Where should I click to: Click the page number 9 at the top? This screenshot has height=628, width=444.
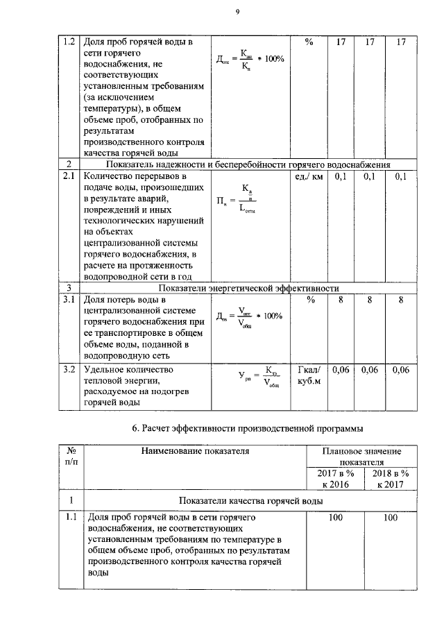(237, 10)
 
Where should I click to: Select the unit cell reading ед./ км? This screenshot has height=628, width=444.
(307, 177)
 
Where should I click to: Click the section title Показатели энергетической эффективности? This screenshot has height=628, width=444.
(248, 287)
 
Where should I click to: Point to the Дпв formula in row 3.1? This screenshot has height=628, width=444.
(250, 316)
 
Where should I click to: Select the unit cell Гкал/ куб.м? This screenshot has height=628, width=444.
(308, 376)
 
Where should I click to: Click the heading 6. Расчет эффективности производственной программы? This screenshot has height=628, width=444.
(248, 427)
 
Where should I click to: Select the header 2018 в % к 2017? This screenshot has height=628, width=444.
(391, 478)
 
